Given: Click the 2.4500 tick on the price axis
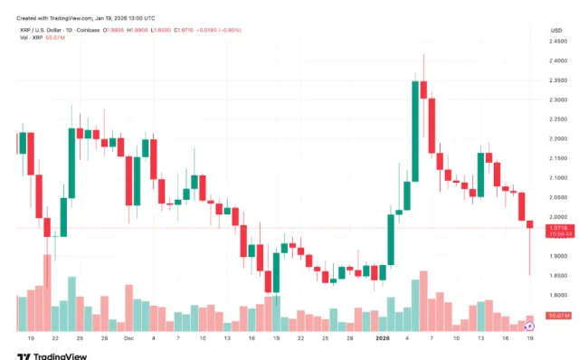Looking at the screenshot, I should point(557,42).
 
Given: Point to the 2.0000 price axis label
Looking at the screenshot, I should point(557,217).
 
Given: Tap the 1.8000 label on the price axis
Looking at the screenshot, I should point(557,296).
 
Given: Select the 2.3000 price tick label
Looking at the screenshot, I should point(557,100).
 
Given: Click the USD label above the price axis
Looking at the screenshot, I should point(556,30).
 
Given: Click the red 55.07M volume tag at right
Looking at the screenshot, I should point(558,315).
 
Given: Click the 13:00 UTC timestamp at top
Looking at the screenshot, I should point(134,18).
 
